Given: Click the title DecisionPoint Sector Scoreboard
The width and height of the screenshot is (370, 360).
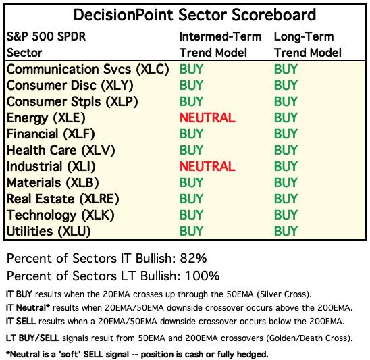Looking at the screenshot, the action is click(194, 15).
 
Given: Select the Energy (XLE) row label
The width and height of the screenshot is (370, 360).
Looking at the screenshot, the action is click(46, 118).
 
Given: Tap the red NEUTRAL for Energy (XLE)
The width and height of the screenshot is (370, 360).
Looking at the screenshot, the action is click(207, 118).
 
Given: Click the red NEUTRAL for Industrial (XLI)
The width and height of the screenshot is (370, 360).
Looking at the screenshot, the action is click(207, 166).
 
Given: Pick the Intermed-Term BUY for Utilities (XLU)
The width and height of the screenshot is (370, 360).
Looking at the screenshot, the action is click(191, 231).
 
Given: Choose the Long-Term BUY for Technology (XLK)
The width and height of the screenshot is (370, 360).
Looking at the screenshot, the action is click(286, 215).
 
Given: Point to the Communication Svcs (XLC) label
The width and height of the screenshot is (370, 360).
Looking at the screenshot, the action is click(88, 69).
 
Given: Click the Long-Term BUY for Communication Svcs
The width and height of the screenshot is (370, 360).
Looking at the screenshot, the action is click(286, 69).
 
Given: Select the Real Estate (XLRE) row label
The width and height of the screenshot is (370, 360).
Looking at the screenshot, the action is click(63, 199).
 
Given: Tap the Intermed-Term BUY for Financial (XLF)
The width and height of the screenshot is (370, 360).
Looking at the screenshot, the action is click(191, 134).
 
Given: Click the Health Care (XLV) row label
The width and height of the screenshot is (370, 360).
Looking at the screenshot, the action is click(61, 150).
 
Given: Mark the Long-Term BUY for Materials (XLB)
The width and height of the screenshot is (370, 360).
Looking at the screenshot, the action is click(286, 182).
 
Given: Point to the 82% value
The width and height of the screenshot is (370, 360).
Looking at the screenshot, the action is click(194, 258).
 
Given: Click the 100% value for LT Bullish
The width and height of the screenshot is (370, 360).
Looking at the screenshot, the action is click(203, 276).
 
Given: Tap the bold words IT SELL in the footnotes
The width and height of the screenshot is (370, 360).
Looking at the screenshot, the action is click(21, 321).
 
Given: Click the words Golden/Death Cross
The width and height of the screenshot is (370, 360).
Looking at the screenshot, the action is click(307, 338).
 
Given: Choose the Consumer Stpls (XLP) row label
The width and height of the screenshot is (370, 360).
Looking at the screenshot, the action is click(72, 102).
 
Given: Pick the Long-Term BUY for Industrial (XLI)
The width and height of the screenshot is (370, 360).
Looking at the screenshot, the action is click(286, 166).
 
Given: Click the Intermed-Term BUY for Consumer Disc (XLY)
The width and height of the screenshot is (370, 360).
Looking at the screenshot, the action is click(191, 85).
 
